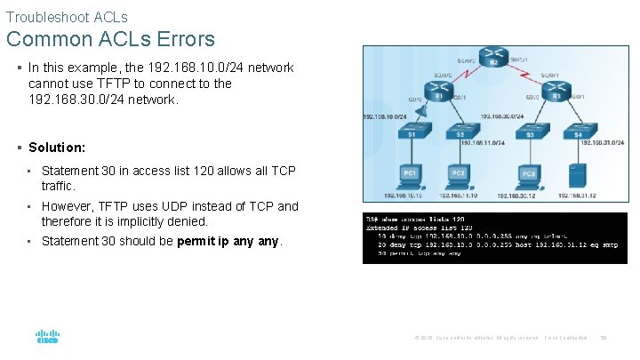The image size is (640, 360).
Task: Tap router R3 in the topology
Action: point(556,94)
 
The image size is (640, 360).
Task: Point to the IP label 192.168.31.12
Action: point(579,195)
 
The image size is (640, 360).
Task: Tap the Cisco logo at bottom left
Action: point(47,338)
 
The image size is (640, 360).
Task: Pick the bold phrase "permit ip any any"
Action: point(228,240)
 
